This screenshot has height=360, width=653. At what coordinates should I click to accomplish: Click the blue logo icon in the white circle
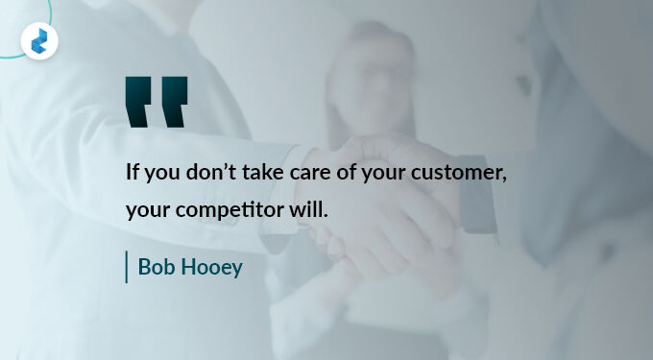coord(39,40)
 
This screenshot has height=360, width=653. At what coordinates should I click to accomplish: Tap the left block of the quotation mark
coord(139,101)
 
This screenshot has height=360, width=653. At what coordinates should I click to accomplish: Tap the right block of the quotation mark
coord(173,101)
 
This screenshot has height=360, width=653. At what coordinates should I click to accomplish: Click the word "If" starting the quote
coord(133,173)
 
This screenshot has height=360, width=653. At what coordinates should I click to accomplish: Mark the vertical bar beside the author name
coord(127,267)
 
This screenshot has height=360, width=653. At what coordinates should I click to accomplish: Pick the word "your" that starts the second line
coord(145,210)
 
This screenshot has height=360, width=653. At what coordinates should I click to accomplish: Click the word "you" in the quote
coord(164,175)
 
